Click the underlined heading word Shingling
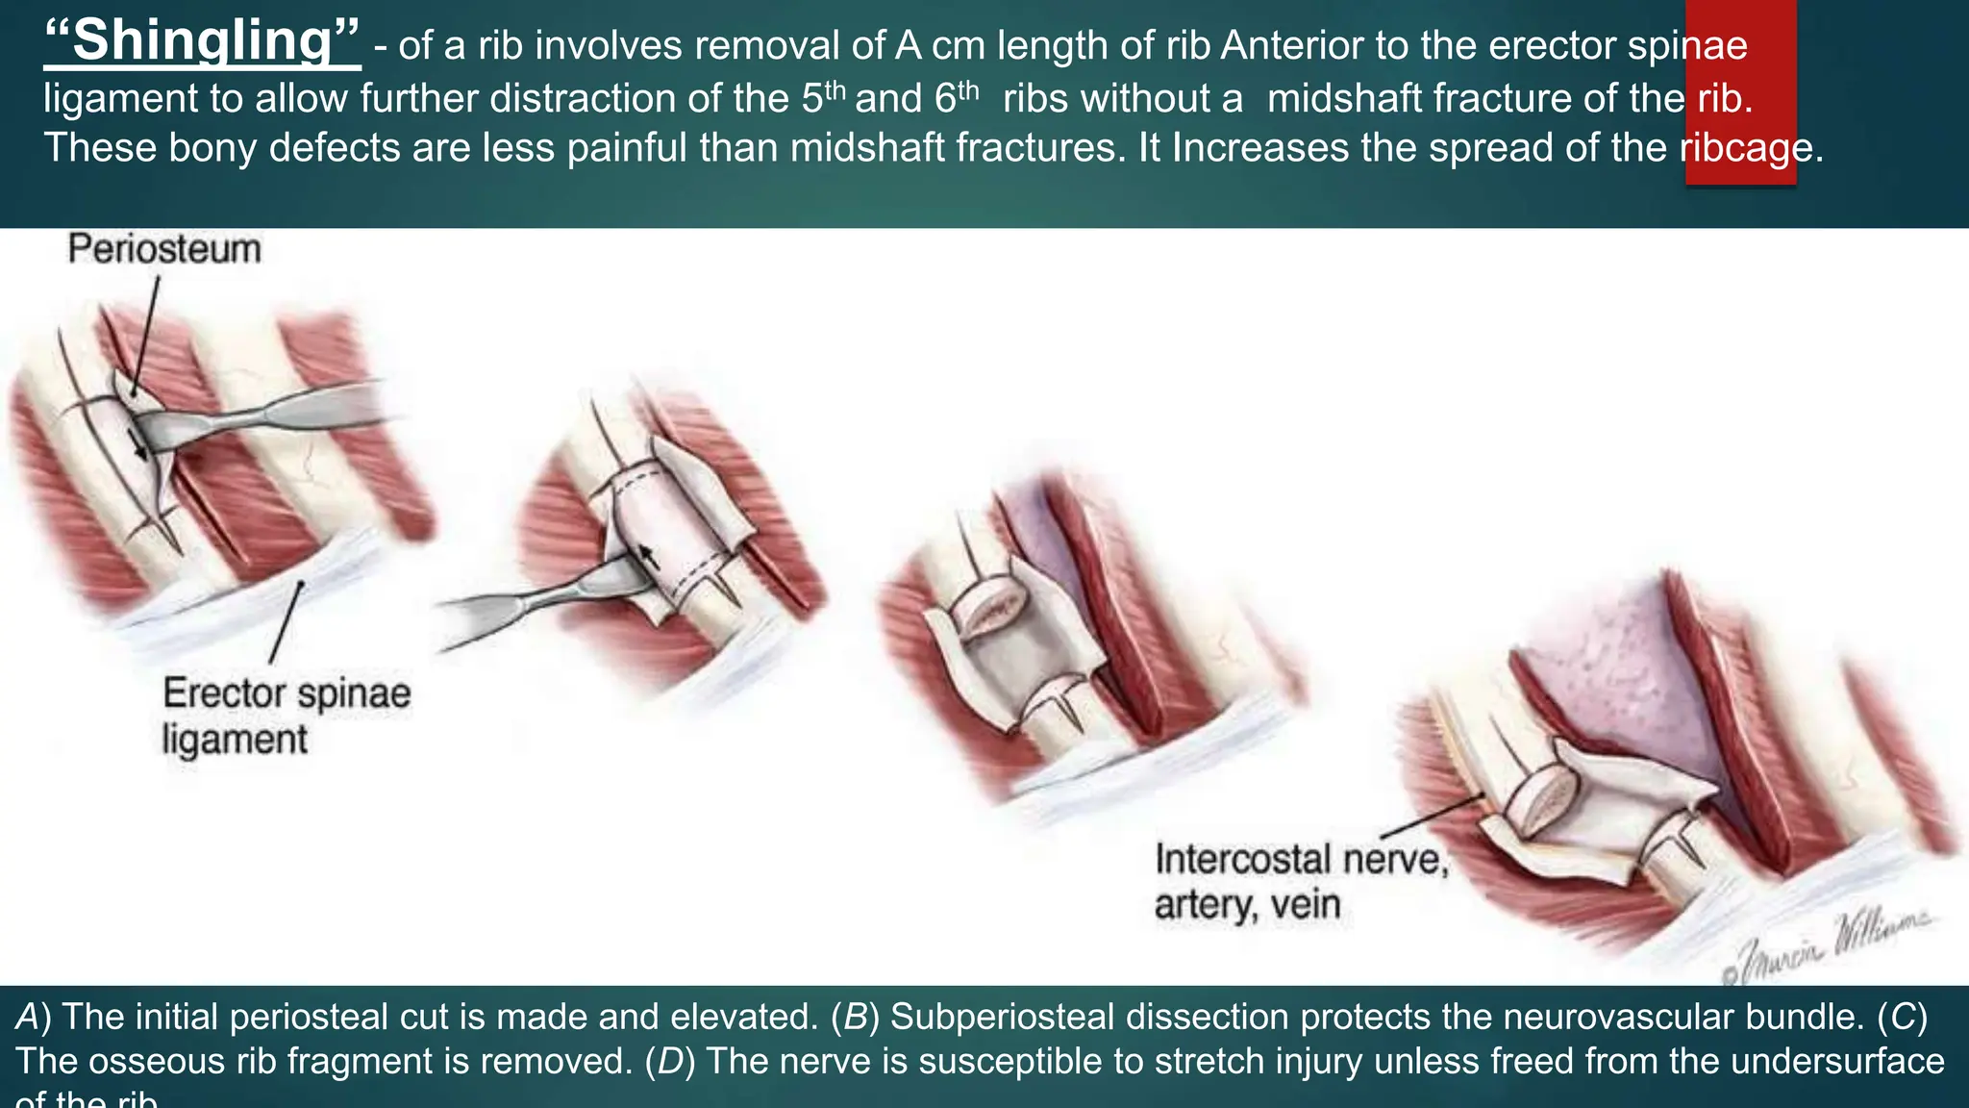tap(202, 42)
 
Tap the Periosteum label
tap(164, 249)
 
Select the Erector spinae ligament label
tap(286, 716)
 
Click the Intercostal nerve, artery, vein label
tap(1300, 881)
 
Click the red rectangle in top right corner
tap(1740, 91)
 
